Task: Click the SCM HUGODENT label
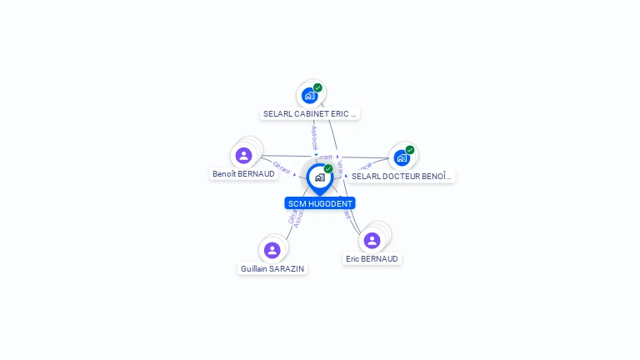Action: click(320, 203)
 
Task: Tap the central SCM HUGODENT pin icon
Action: click(319, 177)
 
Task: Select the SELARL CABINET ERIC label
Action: click(310, 113)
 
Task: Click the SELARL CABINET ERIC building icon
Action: click(310, 95)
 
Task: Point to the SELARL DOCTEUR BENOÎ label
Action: click(402, 177)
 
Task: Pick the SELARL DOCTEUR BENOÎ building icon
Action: click(402, 157)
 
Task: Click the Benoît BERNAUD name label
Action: click(243, 174)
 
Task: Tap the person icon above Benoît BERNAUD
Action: click(243, 155)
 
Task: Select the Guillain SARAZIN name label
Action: click(272, 269)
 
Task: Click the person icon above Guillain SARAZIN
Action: click(272, 250)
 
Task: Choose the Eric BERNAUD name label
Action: click(372, 259)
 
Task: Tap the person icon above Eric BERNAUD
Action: click(372, 240)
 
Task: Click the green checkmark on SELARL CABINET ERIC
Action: click(317, 87)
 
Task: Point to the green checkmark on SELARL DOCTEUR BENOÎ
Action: click(410, 150)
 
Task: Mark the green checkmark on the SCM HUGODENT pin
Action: click(328, 168)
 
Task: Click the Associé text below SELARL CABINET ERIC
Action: click(314, 137)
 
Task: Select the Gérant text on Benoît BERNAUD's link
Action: click(282, 167)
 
